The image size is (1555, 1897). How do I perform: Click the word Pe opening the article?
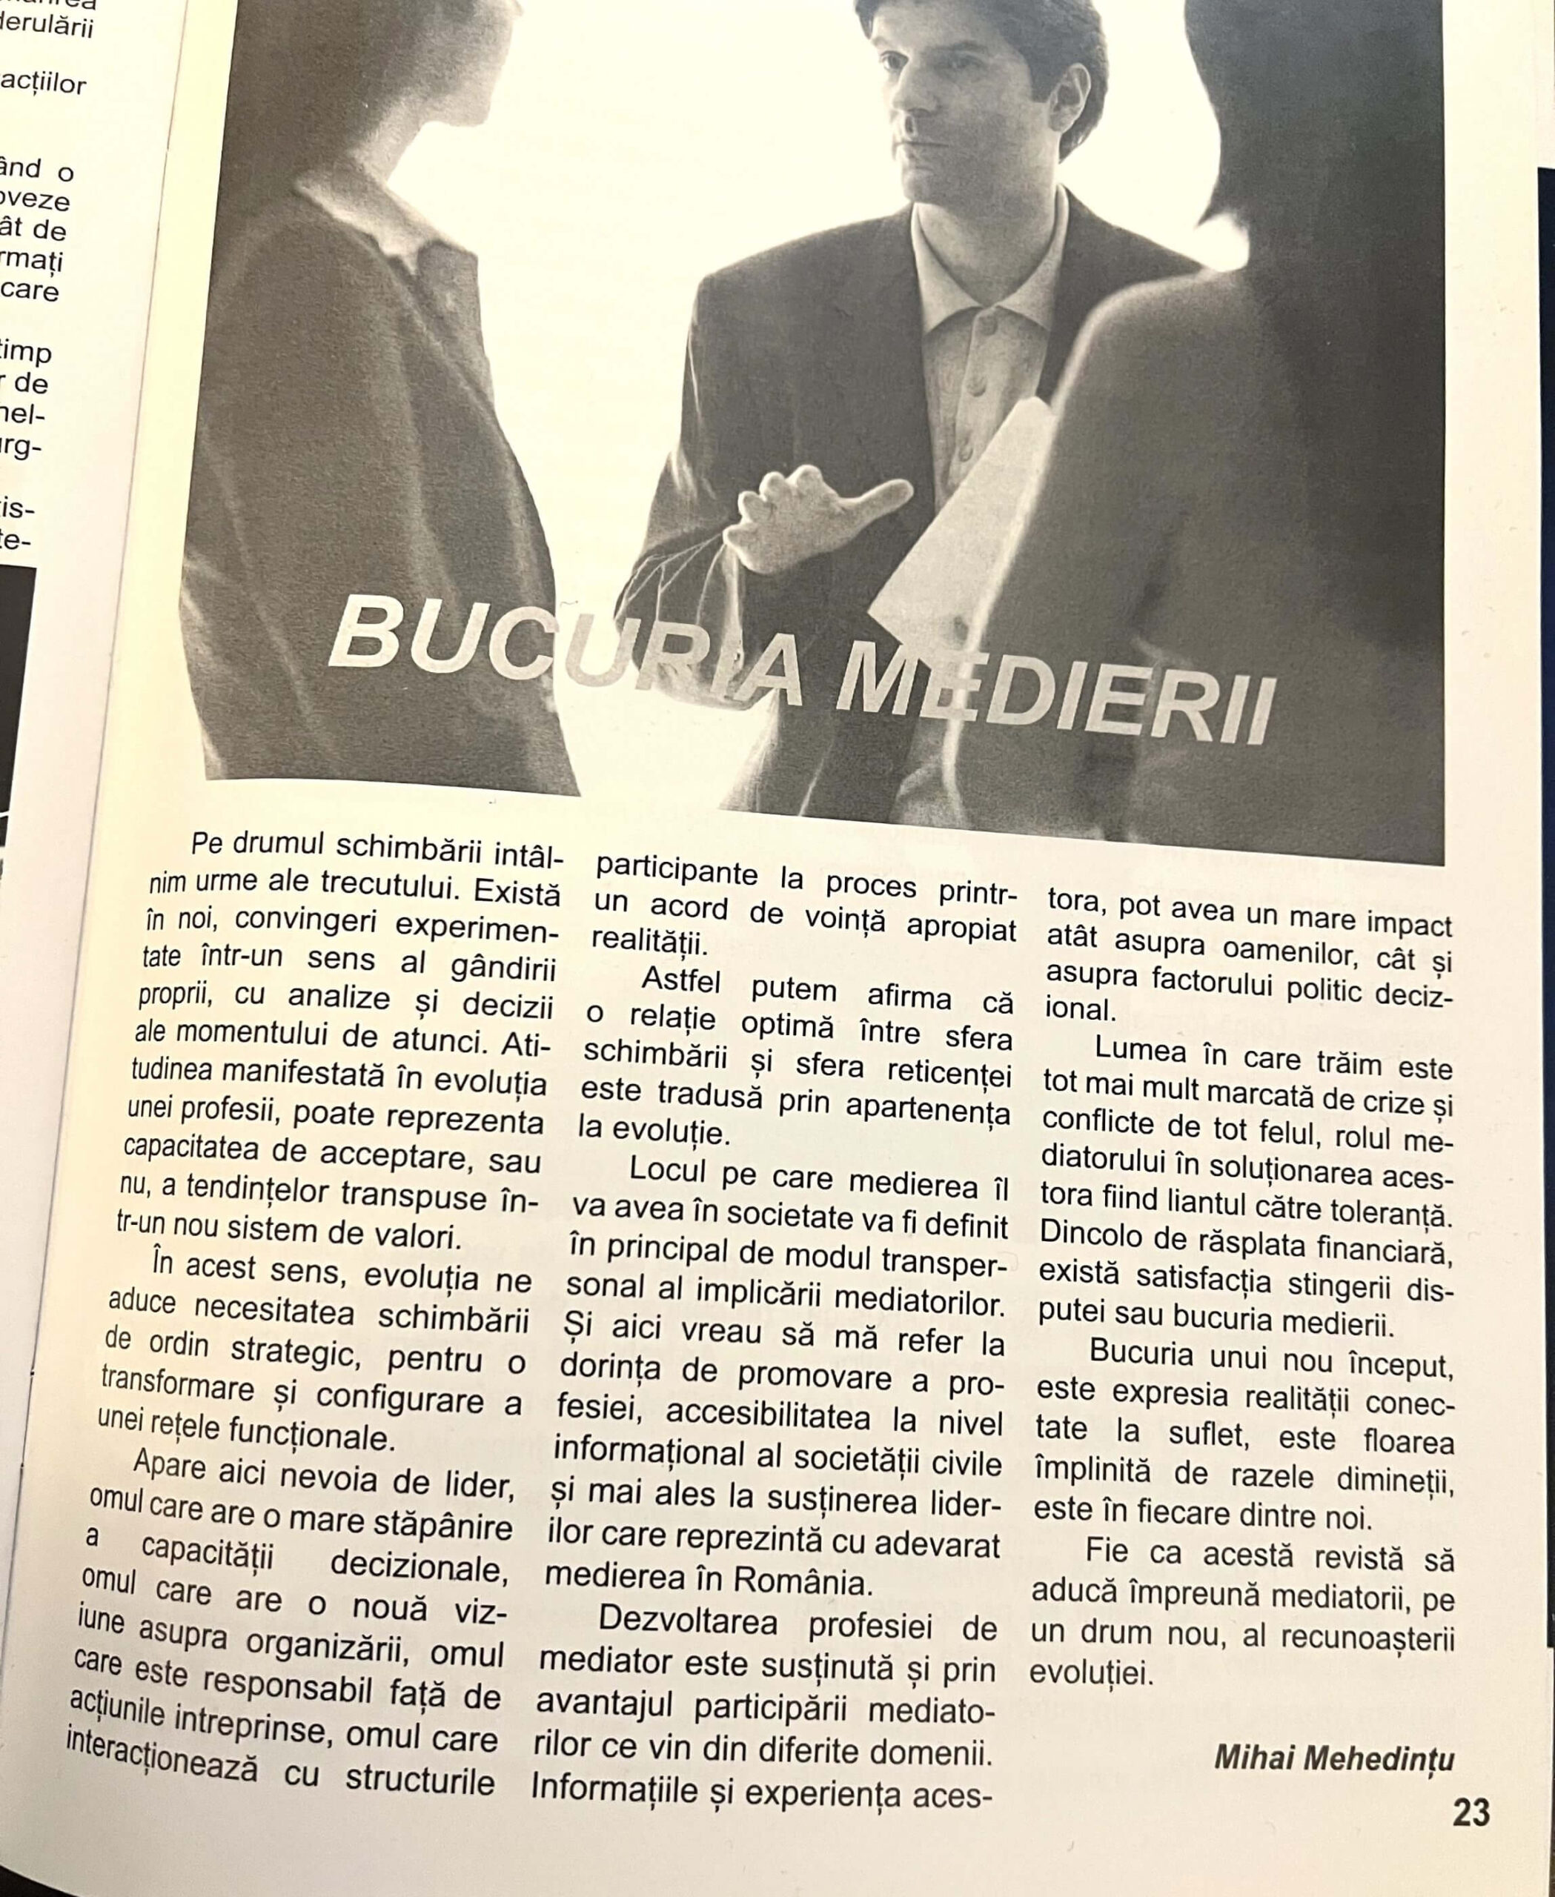pyautogui.click(x=207, y=843)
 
